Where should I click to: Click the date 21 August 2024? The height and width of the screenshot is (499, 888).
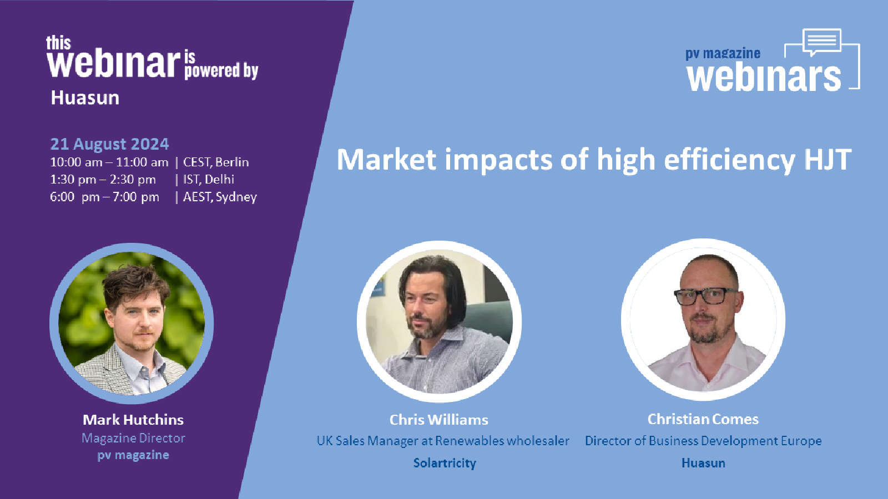(109, 144)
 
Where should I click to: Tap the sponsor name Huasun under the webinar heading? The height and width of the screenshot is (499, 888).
(85, 98)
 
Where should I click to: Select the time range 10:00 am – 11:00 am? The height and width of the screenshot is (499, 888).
(109, 162)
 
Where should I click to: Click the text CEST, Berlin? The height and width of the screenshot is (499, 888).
(216, 162)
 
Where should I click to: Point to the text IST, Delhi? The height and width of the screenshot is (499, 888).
(209, 180)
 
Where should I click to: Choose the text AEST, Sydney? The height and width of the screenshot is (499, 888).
(220, 197)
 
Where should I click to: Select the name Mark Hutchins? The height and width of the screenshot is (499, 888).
(133, 420)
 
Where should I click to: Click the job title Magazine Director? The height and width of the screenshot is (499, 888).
(133, 438)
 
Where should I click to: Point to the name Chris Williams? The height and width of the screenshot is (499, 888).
(439, 420)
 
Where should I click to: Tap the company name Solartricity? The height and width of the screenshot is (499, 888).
(445, 463)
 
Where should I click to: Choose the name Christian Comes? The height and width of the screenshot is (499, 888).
(703, 419)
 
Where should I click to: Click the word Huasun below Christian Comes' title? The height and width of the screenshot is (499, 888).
(703, 463)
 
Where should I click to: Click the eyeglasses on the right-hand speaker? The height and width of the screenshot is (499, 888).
(706, 296)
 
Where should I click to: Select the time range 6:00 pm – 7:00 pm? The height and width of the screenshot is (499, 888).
(105, 197)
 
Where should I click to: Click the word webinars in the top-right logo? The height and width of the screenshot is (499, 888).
(764, 77)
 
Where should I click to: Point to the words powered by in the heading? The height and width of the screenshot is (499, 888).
(221, 71)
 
